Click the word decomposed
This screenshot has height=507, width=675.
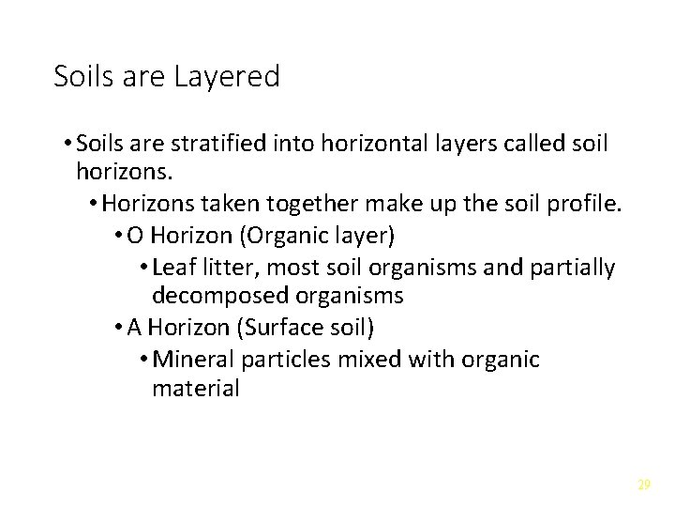point(219,297)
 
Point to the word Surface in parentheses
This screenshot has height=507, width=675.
point(263,328)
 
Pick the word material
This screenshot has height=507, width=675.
point(195,389)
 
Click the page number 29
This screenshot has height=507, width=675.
point(643,484)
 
